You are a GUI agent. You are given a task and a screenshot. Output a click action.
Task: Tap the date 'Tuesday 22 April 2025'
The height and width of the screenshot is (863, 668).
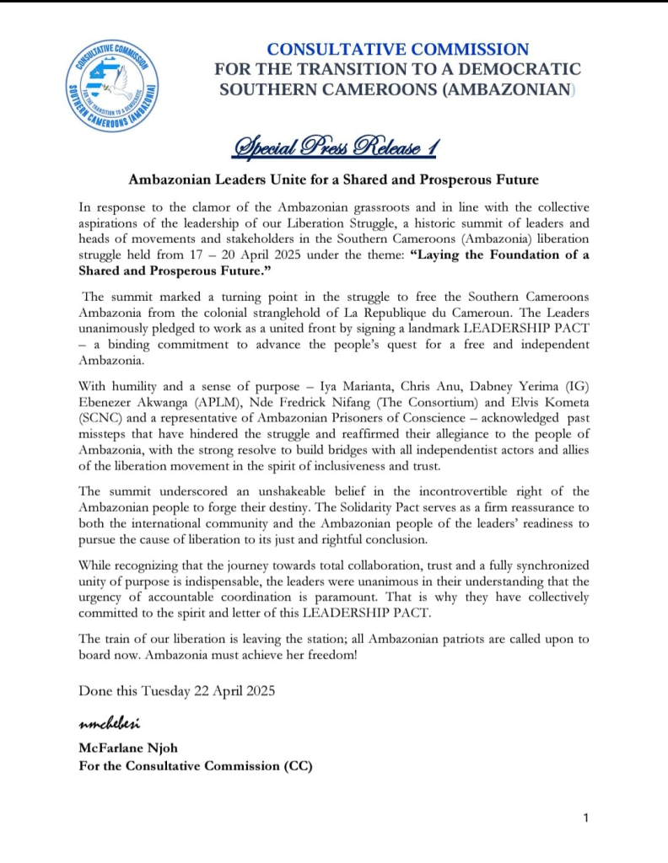(207, 690)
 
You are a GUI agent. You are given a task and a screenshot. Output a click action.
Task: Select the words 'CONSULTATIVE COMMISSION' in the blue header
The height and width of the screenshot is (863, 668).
(398, 50)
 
